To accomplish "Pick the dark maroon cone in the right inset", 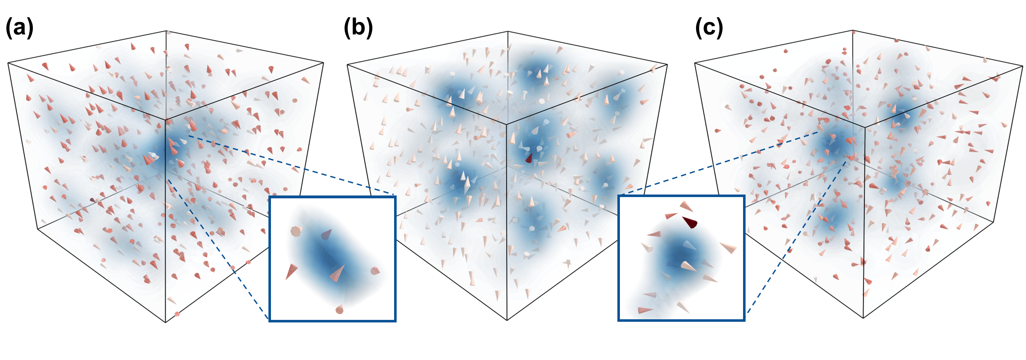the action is pos(690,222).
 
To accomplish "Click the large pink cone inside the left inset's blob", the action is pos(337,273).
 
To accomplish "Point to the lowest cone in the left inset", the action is pos(339,309).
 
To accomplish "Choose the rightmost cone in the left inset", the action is pos(375,271).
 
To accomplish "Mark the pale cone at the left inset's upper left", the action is pos(296,231).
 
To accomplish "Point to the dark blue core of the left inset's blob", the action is pos(329,259).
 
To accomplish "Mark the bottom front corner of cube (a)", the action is pos(165,322).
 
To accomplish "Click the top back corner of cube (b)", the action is pos(507,32).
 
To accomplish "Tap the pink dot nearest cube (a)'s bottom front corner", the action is pos(177,314).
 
